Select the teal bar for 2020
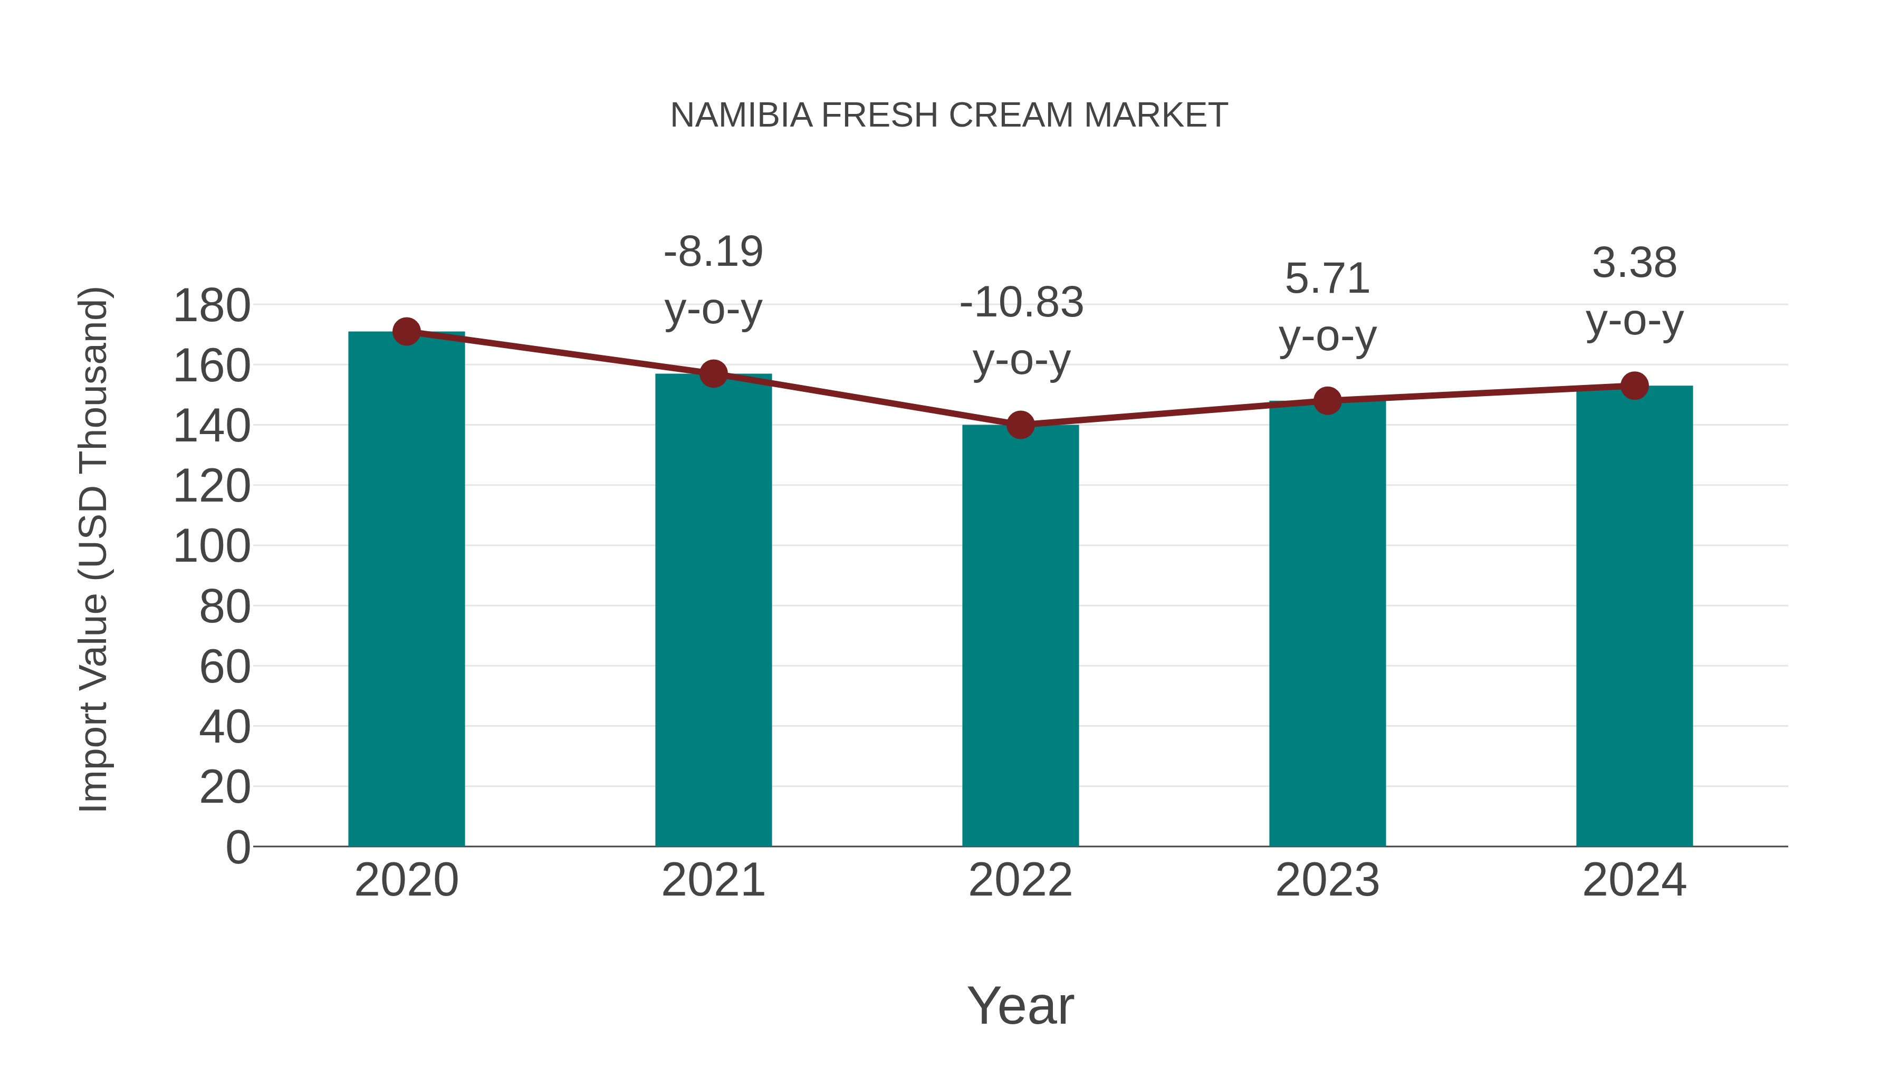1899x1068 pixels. click(x=406, y=590)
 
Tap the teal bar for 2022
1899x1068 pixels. click(x=1020, y=634)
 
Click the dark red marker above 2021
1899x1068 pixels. click(x=713, y=374)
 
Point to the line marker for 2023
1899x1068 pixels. click(x=1327, y=401)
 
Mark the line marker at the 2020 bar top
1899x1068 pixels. click(x=406, y=332)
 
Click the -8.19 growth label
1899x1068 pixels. click(x=713, y=252)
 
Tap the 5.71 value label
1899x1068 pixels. click(x=1327, y=278)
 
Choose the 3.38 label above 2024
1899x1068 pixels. click(x=1634, y=263)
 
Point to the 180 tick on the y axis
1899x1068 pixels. click(x=212, y=306)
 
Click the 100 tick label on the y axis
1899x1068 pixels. click(x=212, y=547)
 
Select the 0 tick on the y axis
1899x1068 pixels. click(x=238, y=847)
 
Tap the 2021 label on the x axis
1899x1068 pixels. click(x=713, y=880)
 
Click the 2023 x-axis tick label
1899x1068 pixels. click(x=1327, y=880)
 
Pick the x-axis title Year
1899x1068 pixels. click(x=1020, y=1005)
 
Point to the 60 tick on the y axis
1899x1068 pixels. click(x=225, y=667)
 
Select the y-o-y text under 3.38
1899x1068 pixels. click(x=1634, y=321)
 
